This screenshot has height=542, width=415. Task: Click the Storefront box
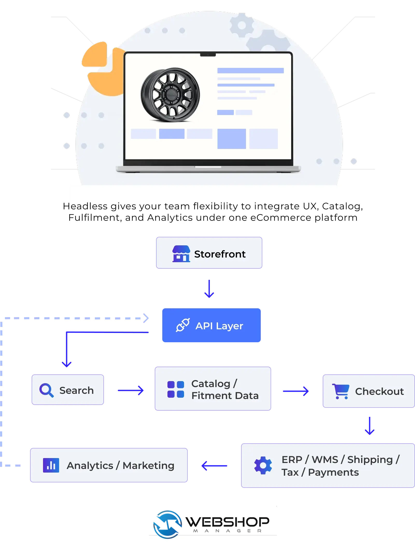point(209,253)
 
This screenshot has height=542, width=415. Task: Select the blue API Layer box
point(211,325)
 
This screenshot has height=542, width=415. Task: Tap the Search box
point(68,390)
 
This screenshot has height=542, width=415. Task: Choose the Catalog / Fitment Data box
point(213,389)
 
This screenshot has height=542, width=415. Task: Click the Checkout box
point(368,391)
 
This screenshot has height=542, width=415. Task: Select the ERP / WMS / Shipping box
point(328,466)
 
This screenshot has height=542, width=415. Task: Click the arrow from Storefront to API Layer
point(209,289)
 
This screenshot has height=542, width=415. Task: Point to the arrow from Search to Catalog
point(131,390)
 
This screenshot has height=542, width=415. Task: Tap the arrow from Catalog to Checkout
point(296,391)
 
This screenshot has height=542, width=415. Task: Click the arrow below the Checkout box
point(369,426)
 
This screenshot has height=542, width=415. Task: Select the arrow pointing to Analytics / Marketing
point(215,466)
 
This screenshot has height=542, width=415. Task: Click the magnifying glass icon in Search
point(46,390)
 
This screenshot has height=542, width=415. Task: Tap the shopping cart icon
point(341,391)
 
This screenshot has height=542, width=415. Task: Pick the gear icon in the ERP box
point(263,466)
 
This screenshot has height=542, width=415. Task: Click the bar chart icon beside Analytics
point(51,466)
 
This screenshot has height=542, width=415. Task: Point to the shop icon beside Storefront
point(181,254)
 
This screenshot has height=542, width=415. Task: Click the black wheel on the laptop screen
point(170,95)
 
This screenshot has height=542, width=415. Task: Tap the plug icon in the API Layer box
point(183,325)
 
